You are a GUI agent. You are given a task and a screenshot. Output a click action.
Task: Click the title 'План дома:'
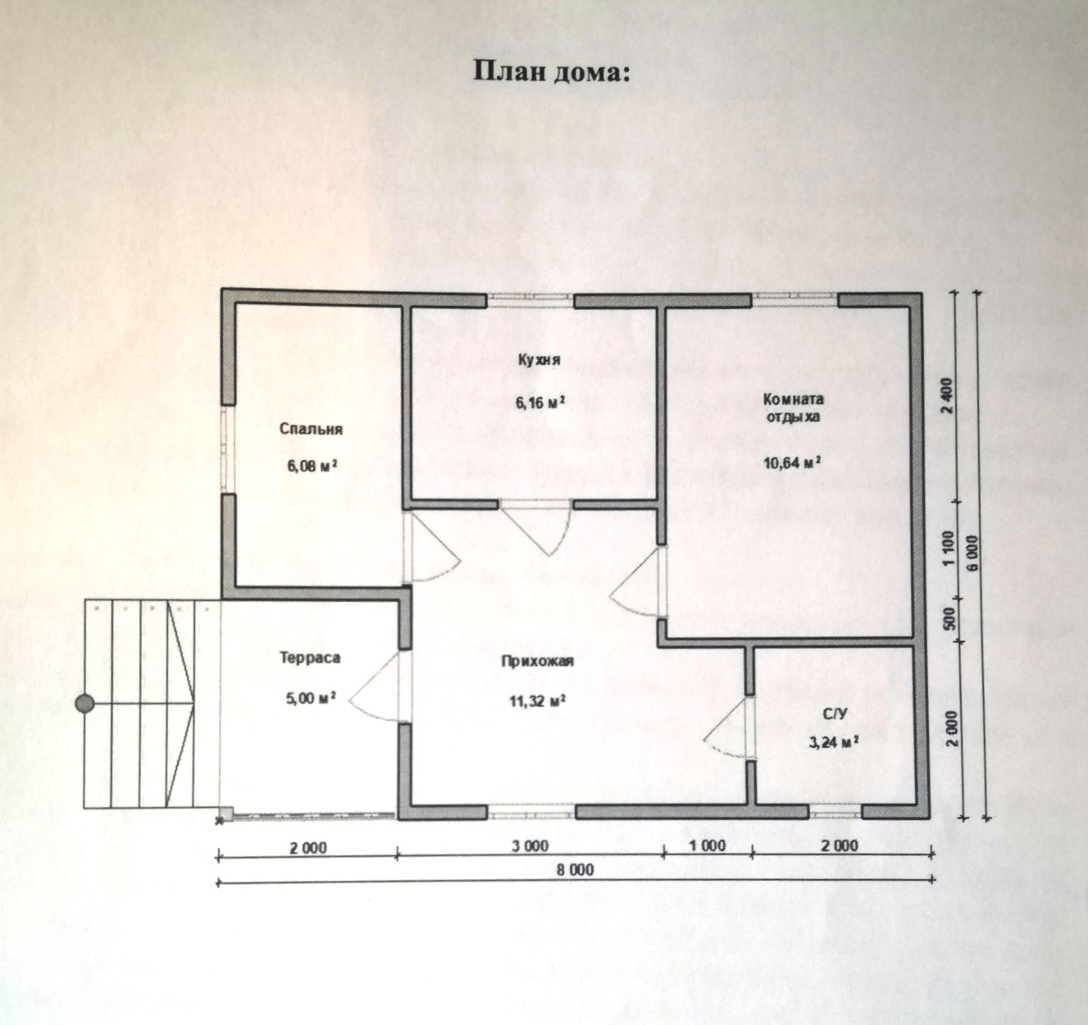coord(553,72)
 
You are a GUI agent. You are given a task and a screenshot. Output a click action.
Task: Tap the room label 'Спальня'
coord(312,429)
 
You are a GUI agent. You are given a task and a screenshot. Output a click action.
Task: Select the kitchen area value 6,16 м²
coord(540,403)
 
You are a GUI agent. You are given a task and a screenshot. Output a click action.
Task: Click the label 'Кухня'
coord(539,360)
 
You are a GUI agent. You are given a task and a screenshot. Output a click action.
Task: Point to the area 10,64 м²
coord(792,462)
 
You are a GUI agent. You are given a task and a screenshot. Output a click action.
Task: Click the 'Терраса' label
coord(310,657)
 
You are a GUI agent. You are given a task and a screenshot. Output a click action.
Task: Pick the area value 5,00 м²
coord(311,699)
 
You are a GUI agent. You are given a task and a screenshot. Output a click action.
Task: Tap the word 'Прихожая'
coord(537,662)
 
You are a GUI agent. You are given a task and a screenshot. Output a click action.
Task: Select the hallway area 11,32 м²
coord(537,701)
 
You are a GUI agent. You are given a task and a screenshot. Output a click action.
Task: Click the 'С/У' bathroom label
coord(835,713)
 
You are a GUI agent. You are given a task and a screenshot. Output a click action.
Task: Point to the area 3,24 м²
coord(833,743)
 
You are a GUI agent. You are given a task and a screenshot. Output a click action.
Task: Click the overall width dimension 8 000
coord(576,870)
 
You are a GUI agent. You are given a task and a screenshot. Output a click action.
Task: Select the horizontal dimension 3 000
coord(530,846)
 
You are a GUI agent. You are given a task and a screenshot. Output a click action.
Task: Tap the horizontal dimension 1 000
coord(708,845)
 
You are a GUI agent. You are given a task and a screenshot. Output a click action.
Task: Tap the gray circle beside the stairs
coord(85,704)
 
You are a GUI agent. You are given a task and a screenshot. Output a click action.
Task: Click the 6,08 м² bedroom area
coord(312,467)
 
